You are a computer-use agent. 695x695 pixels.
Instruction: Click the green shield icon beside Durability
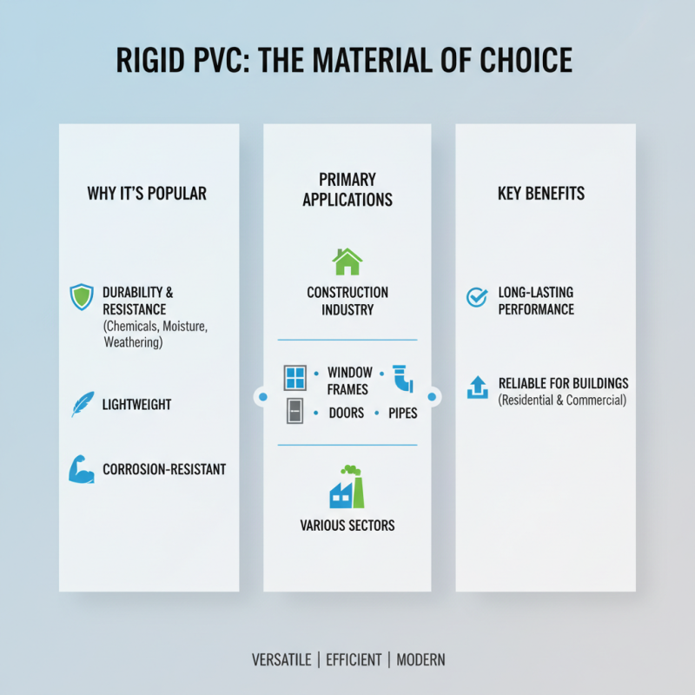tap(81, 297)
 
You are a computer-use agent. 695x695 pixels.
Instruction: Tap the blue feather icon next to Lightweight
tap(83, 404)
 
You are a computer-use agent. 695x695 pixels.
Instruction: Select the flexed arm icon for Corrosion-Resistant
tap(81, 469)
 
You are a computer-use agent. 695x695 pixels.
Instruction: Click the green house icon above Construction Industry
tap(347, 261)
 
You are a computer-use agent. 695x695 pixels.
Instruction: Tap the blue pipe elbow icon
tap(402, 378)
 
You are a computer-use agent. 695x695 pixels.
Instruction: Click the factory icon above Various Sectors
tap(347, 488)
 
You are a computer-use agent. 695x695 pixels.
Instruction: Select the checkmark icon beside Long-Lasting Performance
tap(477, 298)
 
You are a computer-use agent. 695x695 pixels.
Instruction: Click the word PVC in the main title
tap(225, 60)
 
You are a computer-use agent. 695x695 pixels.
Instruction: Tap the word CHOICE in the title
tap(522, 60)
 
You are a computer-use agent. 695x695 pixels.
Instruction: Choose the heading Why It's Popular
tap(147, 193)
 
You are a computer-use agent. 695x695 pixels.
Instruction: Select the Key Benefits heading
tap(541, 193)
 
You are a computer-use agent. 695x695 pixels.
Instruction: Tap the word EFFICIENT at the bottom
tap(354, 659)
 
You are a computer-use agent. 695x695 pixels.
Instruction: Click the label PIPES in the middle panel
tap(402, 414)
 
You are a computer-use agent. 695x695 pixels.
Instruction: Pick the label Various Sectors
tap(347, 526)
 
